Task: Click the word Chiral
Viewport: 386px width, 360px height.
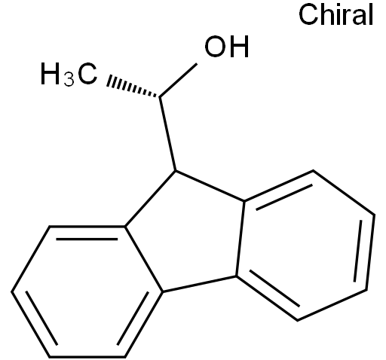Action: coord(335,14)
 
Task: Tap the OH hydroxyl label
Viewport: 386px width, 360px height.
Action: coord(227,47)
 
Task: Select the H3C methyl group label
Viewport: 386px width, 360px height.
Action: coord(69,75)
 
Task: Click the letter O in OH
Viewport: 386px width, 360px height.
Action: coord(215,47)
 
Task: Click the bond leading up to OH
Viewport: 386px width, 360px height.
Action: coord(178,81)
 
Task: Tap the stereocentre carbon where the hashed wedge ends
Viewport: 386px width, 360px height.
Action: coord(160,97)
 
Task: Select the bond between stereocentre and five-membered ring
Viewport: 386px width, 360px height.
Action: coord(167,133)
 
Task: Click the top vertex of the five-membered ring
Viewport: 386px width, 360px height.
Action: coord(176,171)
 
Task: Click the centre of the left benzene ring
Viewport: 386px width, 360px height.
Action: coord(87,291)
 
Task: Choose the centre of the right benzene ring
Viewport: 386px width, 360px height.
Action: coord(305,246)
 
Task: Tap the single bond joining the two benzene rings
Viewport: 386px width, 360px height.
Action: coord(200,284)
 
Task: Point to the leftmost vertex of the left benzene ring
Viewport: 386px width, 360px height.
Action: coord(12,291)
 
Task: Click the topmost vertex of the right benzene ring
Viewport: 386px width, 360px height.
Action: coord(313,170)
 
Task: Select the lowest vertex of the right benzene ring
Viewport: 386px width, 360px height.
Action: coord(298,320)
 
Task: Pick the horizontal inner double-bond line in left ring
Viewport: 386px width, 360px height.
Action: coord(87,239)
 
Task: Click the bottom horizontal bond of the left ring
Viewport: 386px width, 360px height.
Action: coord(87,356)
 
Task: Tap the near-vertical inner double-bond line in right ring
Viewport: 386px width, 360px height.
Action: coord(358,251)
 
